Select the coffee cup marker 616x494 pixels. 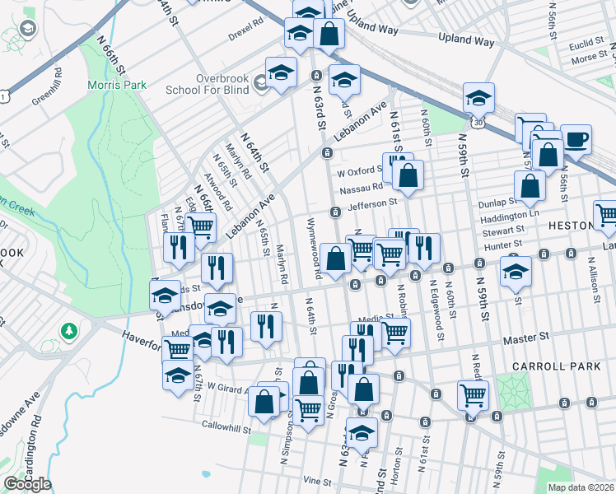click(x=576, y=138)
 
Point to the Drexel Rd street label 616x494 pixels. click(x=246, y=39)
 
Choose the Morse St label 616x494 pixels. click(x=590, y=59)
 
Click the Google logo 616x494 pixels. click(x=26, y=484)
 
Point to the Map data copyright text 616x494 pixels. click(x=581, y=487)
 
